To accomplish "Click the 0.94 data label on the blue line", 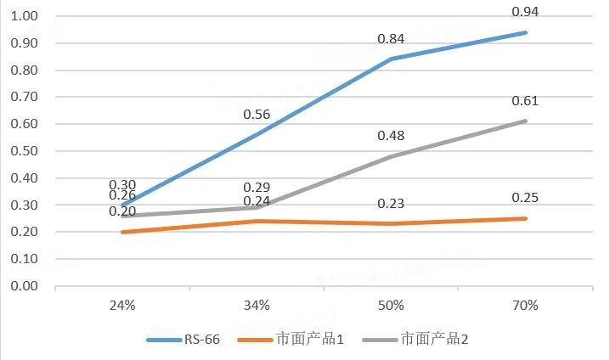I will (x=525, y=12).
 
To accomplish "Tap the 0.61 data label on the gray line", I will (x=525, y=101).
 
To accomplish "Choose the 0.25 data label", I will (x=525, y=198).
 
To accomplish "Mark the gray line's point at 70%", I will (x=525, y=121).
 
